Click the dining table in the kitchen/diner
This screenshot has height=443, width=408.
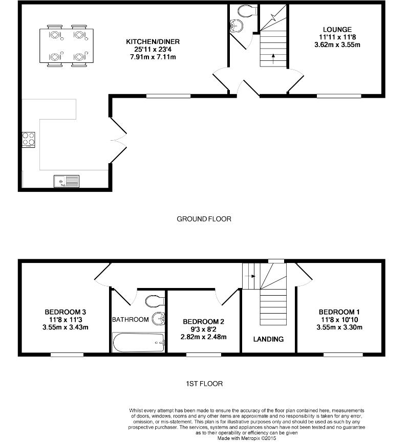(x=67, y=46)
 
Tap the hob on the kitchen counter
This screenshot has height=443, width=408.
(x=28, y=139)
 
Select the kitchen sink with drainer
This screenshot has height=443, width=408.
(x=67, y=181)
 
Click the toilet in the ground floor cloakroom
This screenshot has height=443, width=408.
(x=246, y=11)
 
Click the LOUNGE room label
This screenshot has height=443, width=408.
(x=337, y=29)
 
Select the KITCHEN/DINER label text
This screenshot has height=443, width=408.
(x=154, y=41)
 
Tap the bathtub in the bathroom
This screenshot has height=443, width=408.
(x=138, y=342)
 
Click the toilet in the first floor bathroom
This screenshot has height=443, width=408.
(x=154, y=300)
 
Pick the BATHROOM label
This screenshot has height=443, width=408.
(x=131, y=320)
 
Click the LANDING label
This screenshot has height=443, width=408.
(x=269, y=339)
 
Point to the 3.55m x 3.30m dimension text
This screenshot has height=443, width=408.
(x=339, y=327)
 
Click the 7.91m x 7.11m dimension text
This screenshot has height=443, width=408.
(x=154, y=57)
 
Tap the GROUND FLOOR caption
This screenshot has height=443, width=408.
(x=204, y=219)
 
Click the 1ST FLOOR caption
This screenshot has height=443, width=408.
(x=205, y=383)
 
